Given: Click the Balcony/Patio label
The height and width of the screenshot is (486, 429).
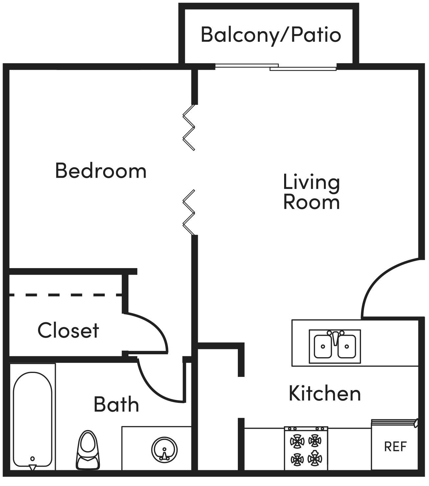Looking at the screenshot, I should [271, 35].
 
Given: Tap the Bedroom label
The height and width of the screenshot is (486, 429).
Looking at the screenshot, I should [101, 171].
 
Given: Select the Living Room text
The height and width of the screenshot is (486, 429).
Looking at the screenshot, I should [311, 192].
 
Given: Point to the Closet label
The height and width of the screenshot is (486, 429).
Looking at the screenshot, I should [68, 331].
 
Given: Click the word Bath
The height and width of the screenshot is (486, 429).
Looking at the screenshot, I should [116, 405].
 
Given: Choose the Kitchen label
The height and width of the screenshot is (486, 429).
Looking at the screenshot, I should [325, 393].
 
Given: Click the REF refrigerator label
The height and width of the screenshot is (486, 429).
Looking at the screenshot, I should [395, 447].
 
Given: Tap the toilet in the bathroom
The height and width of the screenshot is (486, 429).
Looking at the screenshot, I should [88, 451].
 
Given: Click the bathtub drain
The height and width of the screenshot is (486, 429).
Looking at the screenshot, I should [32, 459].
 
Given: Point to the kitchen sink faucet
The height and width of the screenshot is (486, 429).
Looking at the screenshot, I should [335, 337].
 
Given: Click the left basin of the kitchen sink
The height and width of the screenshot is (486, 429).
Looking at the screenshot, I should [323, 346].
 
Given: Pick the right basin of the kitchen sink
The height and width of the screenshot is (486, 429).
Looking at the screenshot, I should [347, 346].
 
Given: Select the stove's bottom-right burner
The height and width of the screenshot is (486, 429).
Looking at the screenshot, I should [315, 459].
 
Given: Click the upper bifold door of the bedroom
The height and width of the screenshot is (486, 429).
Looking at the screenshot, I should [189, 127].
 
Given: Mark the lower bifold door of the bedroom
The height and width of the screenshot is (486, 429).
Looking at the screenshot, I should [189, 212].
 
